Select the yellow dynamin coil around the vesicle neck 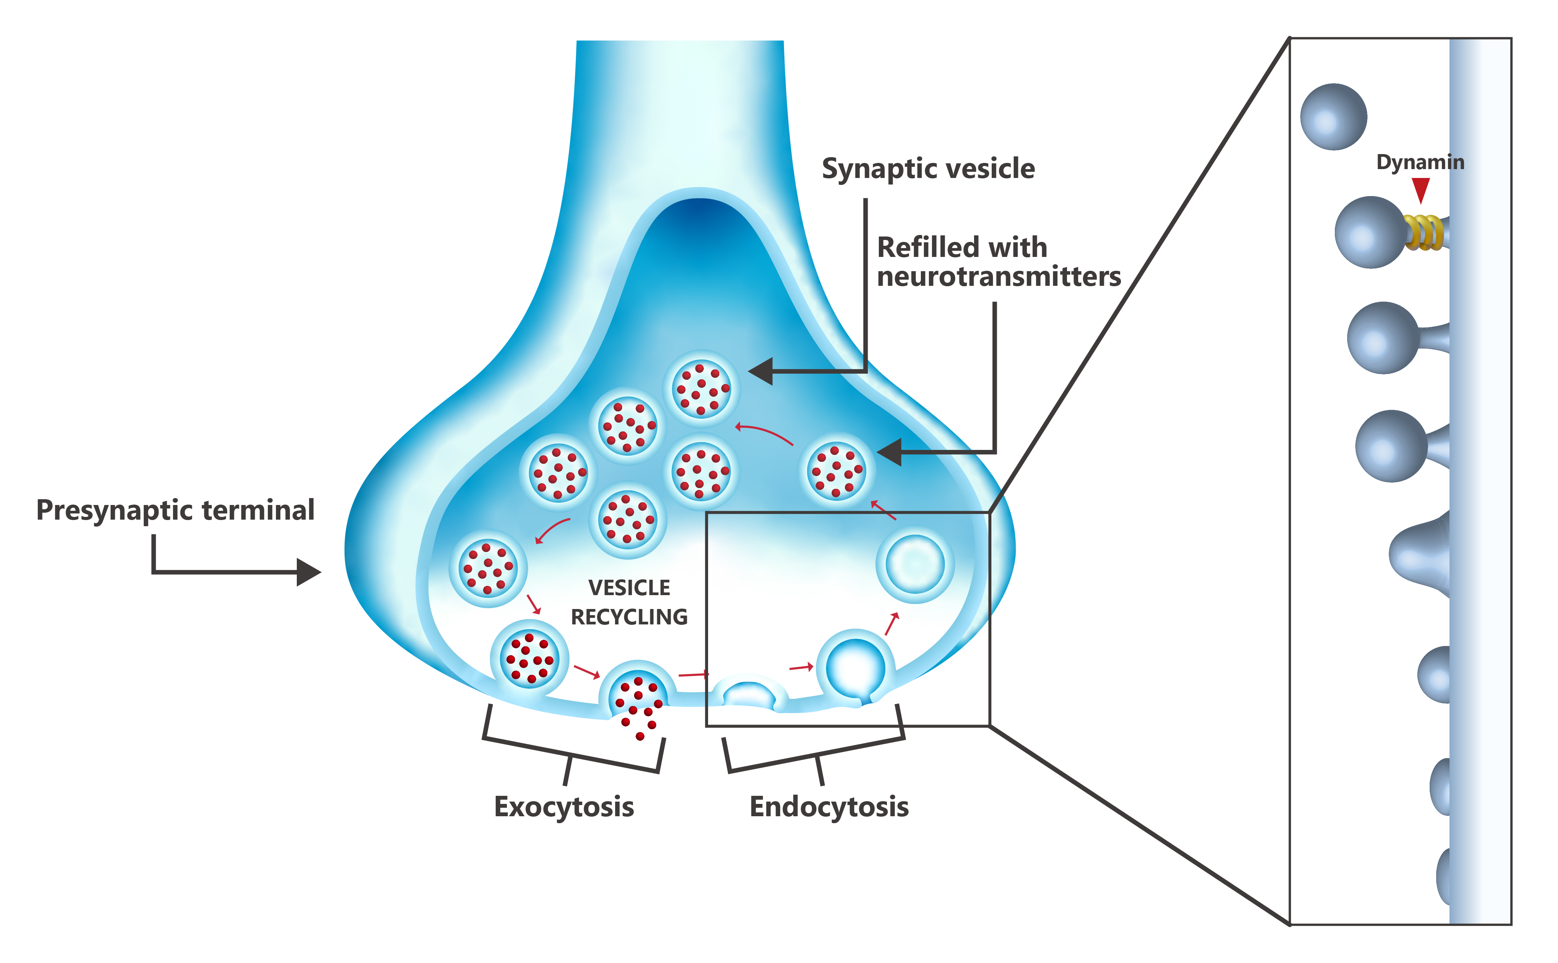tap(1423, 233)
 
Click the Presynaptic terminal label tap(175, 510)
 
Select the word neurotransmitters tap(999, 277)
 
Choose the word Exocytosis tap(564, 807)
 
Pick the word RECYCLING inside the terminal tap(629, 617)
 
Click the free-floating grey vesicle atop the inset tap(1333, 117)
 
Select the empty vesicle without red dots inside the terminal tap(915, 564)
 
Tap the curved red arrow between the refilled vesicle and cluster tap(765, 433)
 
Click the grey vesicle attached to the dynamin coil tap(1370, 233)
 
